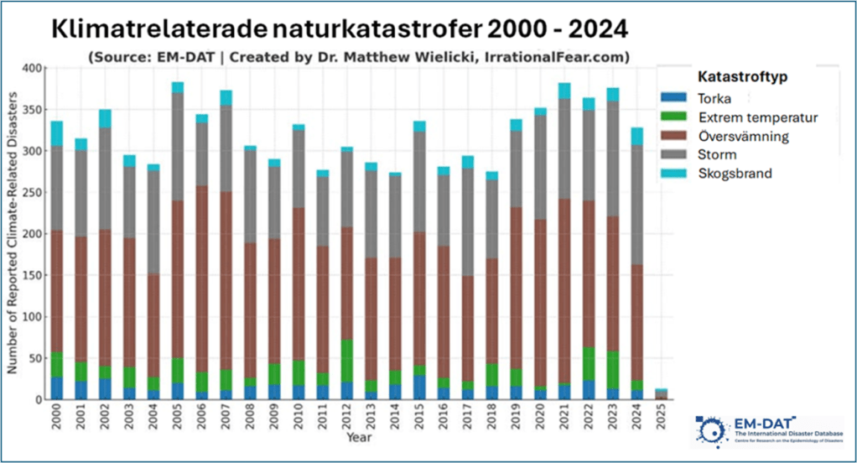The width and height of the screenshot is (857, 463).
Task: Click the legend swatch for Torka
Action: (x=681, y=97)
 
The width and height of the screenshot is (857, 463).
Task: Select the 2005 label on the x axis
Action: (x=177, y=417)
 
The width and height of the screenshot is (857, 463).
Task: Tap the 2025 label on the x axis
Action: (x=661, y=417)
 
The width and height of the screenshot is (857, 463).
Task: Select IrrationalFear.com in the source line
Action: (x=561, y=56)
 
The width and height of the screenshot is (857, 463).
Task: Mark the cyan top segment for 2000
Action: (x=57, y=133)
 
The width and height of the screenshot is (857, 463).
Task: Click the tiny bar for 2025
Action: (x=661, y=394)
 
